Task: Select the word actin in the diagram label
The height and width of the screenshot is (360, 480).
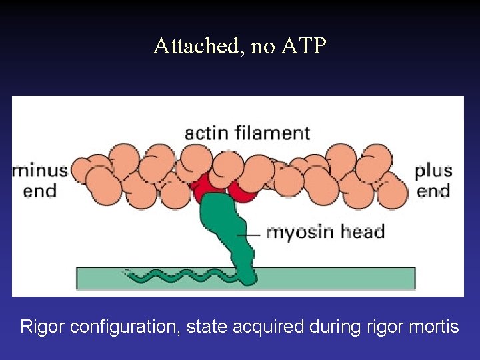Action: point(207,133)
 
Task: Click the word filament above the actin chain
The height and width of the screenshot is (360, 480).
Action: point(273,133)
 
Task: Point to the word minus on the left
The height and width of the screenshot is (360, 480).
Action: point(40,171)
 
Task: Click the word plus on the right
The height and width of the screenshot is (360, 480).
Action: point(433,171)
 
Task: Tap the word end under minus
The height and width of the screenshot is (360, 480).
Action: point(39,191)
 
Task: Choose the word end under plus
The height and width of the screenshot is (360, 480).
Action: point(433,191)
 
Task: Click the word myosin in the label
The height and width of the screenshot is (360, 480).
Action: point(297,233)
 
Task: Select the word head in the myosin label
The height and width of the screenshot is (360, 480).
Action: point(360,233)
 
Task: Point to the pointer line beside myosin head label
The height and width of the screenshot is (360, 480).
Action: point(251,234)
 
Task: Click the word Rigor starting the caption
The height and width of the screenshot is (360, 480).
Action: point(42,327)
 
